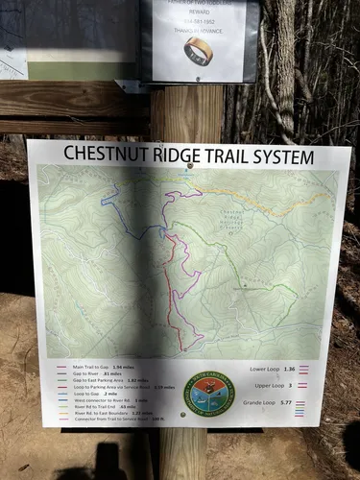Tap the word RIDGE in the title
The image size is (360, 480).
coord(179,154)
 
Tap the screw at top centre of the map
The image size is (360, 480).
coord(190,166)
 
